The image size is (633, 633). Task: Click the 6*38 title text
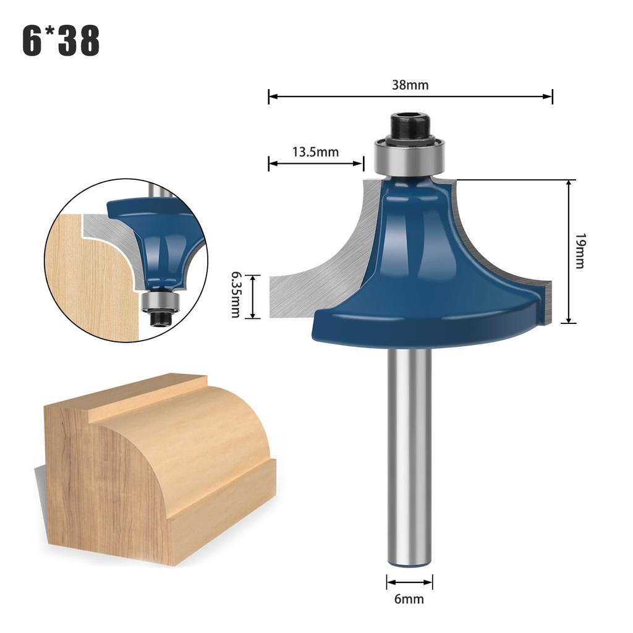[61, 41]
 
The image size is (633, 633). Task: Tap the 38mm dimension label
[409, 85]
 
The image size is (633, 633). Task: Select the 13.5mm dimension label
[315, 152]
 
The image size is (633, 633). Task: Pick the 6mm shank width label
[409, 598]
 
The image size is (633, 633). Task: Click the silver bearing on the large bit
[409, 157]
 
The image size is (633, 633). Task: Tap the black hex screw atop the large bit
[409, 127]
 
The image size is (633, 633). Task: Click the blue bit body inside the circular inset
[164, 241]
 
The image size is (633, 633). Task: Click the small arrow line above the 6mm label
[409, 582]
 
